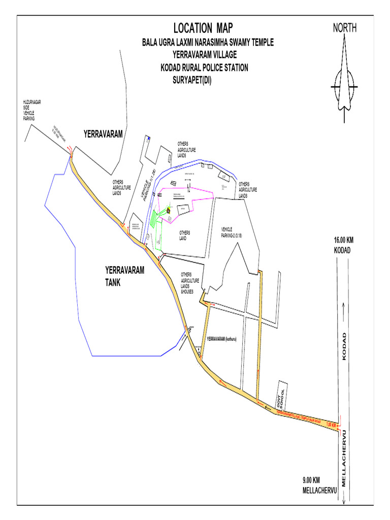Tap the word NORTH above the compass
pyautogui.click(x=345, y=28)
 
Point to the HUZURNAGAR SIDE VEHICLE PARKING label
pyautogui.click(x=31, y=110)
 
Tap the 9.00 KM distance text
pyautogui.click(x=311, y=480)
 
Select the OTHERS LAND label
pyautogui.click(x=185, y=235)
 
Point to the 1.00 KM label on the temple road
pyautogui.click(x=331, y=425)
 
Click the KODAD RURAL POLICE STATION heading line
pyautogui.click(x=204, y=67)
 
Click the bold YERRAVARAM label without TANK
pyautogui.click(x=104, y=134)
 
